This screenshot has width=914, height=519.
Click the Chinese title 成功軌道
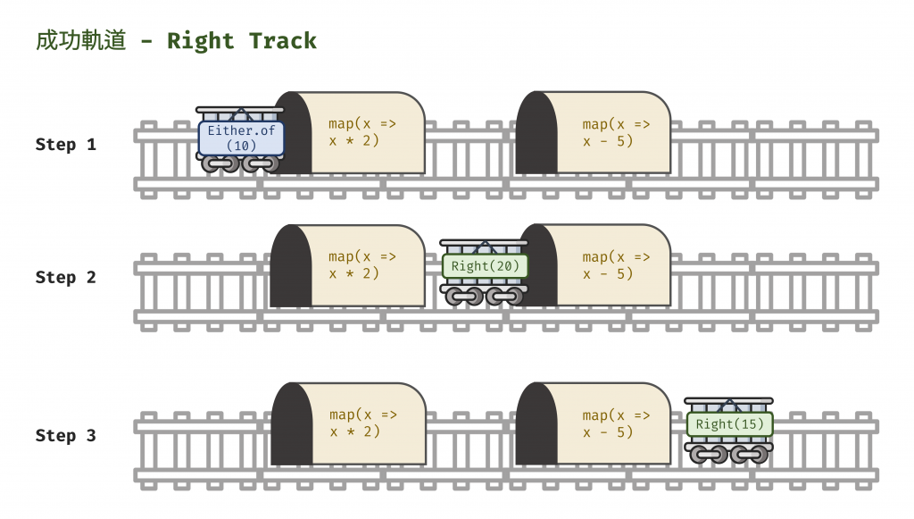click(x=81, y=41)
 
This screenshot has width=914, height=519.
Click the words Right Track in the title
click(x=241, y=41)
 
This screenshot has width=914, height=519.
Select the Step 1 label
click(x=65, y=144)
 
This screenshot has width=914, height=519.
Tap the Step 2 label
click(x=65, y=277)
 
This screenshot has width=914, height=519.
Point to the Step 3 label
click(x=65, y=435)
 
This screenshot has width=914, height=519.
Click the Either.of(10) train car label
click(x=241, y=138)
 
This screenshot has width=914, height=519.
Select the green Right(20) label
click(x=485, y=266)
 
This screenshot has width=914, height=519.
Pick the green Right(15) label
click(x=729, y=424)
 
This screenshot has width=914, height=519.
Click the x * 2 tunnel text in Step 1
click(x=362, y=132)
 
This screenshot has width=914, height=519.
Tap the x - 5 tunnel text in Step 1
click(x=616, y=132)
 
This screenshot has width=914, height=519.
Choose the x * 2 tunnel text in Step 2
click(x=362, y=265)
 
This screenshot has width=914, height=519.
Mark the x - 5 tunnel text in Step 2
click(x=616, y=265)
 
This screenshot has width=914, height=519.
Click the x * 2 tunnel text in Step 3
click(x=362, y=423)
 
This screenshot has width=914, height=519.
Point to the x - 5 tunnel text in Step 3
click(x=616, y=423)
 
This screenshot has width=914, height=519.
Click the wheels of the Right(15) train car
click(x=729, y=454)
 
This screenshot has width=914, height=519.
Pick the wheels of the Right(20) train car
click(x=485, y=296)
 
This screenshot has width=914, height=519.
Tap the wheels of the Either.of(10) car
click(x=240, y=164)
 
